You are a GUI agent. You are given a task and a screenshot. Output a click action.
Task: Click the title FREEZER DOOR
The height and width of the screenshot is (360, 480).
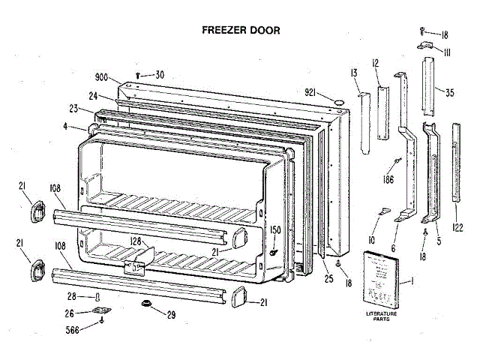241,31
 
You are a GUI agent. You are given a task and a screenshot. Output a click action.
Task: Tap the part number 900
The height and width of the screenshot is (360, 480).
102,77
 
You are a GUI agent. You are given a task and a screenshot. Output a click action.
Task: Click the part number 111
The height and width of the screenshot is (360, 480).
445,51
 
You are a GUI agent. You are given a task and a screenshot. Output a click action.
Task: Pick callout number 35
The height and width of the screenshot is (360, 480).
448,93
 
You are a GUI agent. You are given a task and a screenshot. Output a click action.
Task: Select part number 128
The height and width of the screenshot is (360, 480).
136,241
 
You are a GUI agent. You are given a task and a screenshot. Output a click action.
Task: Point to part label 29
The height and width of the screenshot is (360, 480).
171,313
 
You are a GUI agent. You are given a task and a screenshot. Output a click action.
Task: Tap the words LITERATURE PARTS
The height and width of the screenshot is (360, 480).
382,317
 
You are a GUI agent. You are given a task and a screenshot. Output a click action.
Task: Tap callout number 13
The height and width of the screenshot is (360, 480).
351,73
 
